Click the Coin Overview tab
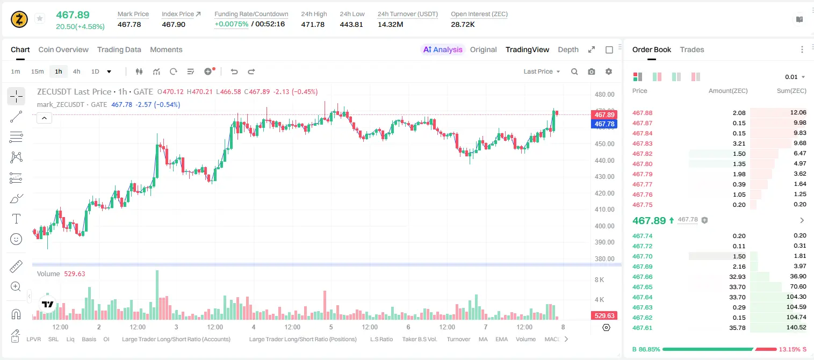coord(63,49)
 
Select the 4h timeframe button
coord(76,71)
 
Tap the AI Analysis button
coord(443,49)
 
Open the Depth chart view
coord(568,49)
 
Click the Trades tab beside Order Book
coord(692,49)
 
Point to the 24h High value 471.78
coord(313,24)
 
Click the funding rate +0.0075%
coord(232,24)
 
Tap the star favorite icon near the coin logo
coord(40,18)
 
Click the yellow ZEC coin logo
coord(19,19)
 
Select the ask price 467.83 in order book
coord(642,143)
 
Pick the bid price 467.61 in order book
coord(642,328)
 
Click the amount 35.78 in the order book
coord(737,328)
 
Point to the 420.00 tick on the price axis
coord(604,193)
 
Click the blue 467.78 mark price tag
coord(604,124)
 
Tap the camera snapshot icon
coord(592,71)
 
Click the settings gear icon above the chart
coord(609,71)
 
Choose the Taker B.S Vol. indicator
coord(419,339)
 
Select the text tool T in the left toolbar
coord(16,219)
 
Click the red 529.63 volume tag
coord(604,316)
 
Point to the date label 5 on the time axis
coord(331,327)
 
